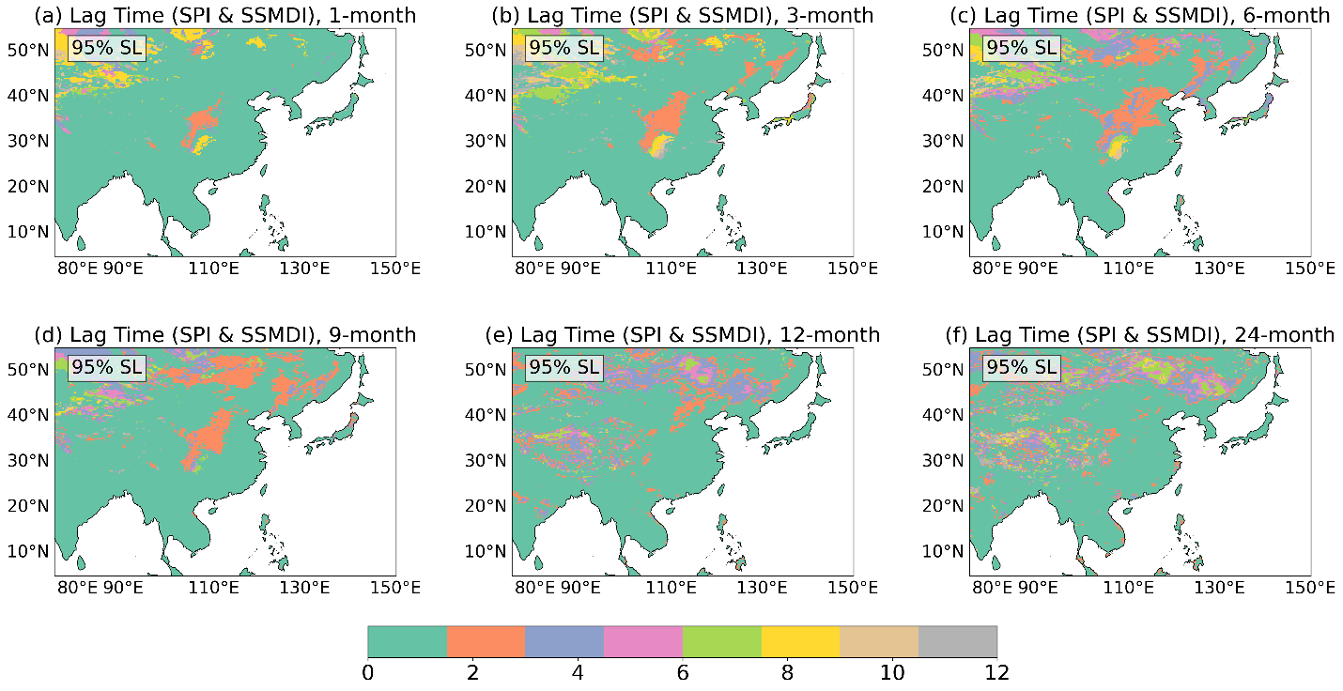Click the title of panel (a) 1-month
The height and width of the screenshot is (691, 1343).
pos(225,15)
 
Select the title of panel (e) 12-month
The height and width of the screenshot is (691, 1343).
pos(682,334)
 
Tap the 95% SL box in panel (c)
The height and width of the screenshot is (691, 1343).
pos(1022,47)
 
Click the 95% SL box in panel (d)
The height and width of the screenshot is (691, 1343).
pos(107,367)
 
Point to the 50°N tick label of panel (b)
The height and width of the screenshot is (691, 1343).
pos(486,50)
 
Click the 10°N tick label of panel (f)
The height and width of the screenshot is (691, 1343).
pos(943,551)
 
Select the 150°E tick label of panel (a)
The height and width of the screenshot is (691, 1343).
pos(395,268)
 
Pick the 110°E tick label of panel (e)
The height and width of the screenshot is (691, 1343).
pos(671,588)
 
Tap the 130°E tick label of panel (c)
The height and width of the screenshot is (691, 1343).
pos(1219,268)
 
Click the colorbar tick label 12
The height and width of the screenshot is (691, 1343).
pos(996,672)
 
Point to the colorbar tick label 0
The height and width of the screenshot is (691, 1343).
pos(367,672)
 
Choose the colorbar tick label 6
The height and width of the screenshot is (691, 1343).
pos(682,672)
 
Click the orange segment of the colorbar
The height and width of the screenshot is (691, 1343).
pos(486,641)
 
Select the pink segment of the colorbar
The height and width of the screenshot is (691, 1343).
pos(643,641)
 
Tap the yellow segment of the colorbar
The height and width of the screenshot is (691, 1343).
pos(800,641)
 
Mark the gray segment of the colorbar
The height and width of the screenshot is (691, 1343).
pos(958,641)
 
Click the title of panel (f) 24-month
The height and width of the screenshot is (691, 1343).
pos(1140,334)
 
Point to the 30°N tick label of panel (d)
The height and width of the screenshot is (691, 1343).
pos(28,460)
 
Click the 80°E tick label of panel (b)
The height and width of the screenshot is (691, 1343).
pos(534,268)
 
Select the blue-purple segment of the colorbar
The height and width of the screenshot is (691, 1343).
pos(564,641)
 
